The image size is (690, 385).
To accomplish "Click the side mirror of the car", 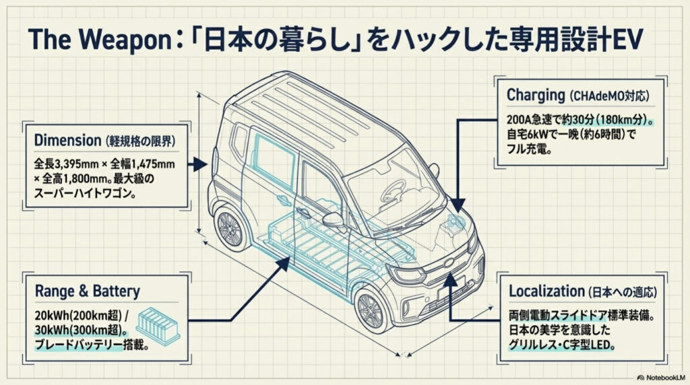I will (334, 220).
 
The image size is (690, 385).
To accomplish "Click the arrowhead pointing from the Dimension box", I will (199, 164).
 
